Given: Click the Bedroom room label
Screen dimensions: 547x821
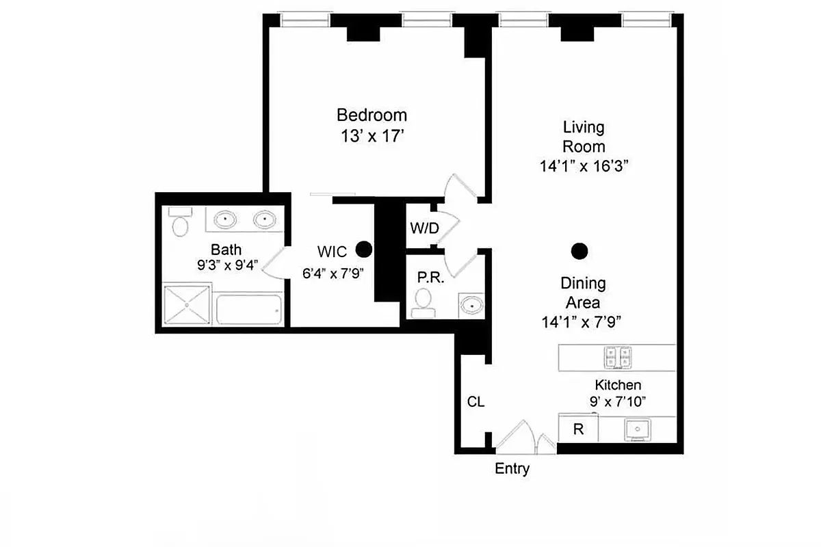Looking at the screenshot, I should tap(372, 115).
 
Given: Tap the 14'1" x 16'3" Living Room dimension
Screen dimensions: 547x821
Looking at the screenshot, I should tap(584, 166).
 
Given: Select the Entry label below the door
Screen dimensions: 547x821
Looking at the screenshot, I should tap(512, 469).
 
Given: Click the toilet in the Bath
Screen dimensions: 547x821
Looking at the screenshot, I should tap(181, 223).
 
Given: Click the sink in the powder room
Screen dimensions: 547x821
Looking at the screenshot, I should tap(470, 304).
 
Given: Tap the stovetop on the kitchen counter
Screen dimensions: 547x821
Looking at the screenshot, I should tap(617, 356).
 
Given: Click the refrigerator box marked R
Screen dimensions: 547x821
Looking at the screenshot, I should tap(578, 429).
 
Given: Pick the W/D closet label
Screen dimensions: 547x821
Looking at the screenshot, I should tap(423, 228).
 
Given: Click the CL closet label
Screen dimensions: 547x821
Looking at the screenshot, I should tap(475, 402).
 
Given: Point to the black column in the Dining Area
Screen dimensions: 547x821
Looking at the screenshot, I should tap(579, 251).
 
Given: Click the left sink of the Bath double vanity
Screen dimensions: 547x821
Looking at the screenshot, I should tap(225, 219).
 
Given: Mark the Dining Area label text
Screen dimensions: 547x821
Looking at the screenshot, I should tap(583, 293).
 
